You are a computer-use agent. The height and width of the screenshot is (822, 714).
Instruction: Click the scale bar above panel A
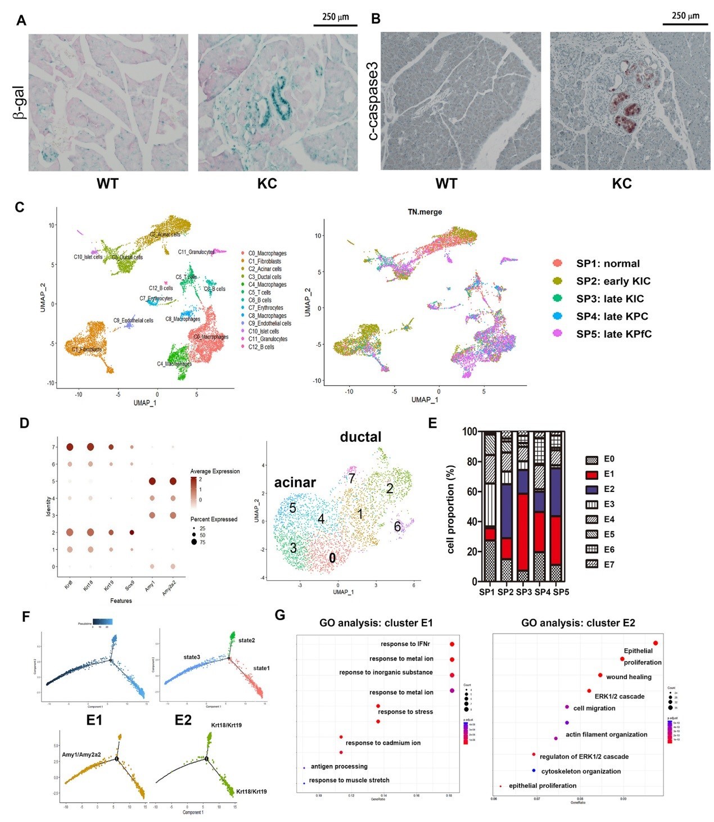(335, 25)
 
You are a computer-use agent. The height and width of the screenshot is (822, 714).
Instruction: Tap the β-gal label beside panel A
(20, 102)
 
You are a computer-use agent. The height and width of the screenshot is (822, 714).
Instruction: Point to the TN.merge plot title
(424, 212)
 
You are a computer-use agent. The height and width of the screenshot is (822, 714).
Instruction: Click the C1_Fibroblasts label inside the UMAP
(87, 350)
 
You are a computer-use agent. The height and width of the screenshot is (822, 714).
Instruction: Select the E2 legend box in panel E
(591, 489)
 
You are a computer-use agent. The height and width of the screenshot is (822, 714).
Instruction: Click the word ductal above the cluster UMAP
(360, 437)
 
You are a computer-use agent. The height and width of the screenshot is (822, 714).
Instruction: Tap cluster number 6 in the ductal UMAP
(397, 526)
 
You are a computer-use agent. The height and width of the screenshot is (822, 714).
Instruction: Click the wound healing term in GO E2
(629, 677)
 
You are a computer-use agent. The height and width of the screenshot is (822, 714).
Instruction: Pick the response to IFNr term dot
(452, 644)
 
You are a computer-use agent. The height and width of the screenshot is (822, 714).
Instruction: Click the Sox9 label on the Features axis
(131, 583)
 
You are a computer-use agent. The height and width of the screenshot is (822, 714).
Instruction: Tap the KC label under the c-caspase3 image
(622, 184)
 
